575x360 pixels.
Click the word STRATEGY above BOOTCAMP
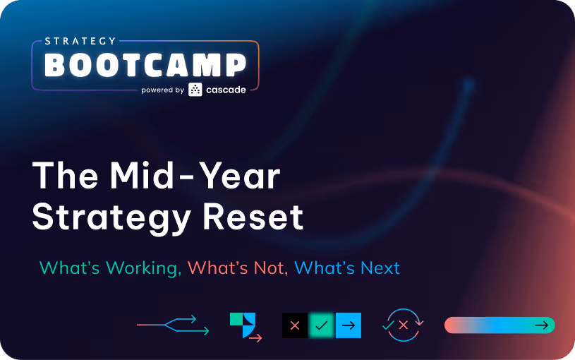80,41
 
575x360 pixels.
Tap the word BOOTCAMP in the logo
145,65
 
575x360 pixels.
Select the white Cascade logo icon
195,90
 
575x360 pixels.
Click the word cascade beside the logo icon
226,90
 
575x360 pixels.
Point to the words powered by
162,90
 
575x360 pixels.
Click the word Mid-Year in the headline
195,176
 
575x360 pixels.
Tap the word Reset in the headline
253,217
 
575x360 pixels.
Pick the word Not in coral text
270,268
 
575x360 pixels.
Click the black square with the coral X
295,325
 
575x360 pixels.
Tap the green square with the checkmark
322,325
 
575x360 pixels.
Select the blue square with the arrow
349,325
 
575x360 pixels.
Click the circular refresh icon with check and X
404,325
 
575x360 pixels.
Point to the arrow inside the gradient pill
542,325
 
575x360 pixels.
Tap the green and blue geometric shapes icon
243,325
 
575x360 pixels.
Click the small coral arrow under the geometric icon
255,337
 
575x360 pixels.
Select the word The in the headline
66,176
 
